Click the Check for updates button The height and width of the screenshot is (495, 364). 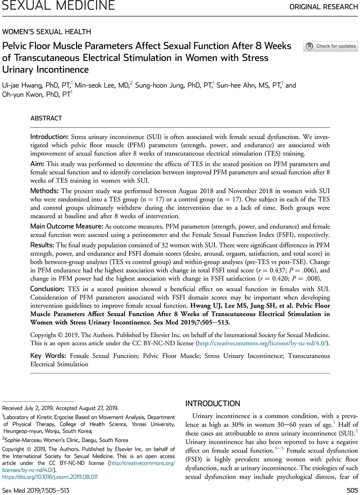[x=331, y=46]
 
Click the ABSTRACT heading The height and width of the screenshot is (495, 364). [x=46, y=118]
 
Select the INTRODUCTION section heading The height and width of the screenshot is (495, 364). [x=213, y=404]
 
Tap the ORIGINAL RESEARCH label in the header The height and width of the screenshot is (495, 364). [x=324, y=7]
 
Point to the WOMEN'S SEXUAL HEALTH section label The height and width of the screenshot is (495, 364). [x=47, y=32]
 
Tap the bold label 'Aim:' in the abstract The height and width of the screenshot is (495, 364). [x=37, y=164]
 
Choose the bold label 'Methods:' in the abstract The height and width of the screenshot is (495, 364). [x=44, y=191]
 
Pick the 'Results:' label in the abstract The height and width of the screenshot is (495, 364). [x=42, y=245]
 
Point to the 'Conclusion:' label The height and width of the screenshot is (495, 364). [x=47, y=289]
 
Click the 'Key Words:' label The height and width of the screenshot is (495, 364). [x=48, y=356]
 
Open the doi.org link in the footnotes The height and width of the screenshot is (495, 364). [x=50, y=477]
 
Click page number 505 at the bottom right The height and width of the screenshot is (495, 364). [x=352, y=490]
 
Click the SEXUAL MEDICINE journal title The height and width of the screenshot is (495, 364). [x=58, y=5]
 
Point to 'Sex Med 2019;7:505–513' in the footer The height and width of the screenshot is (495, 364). [x=36, y=490]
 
